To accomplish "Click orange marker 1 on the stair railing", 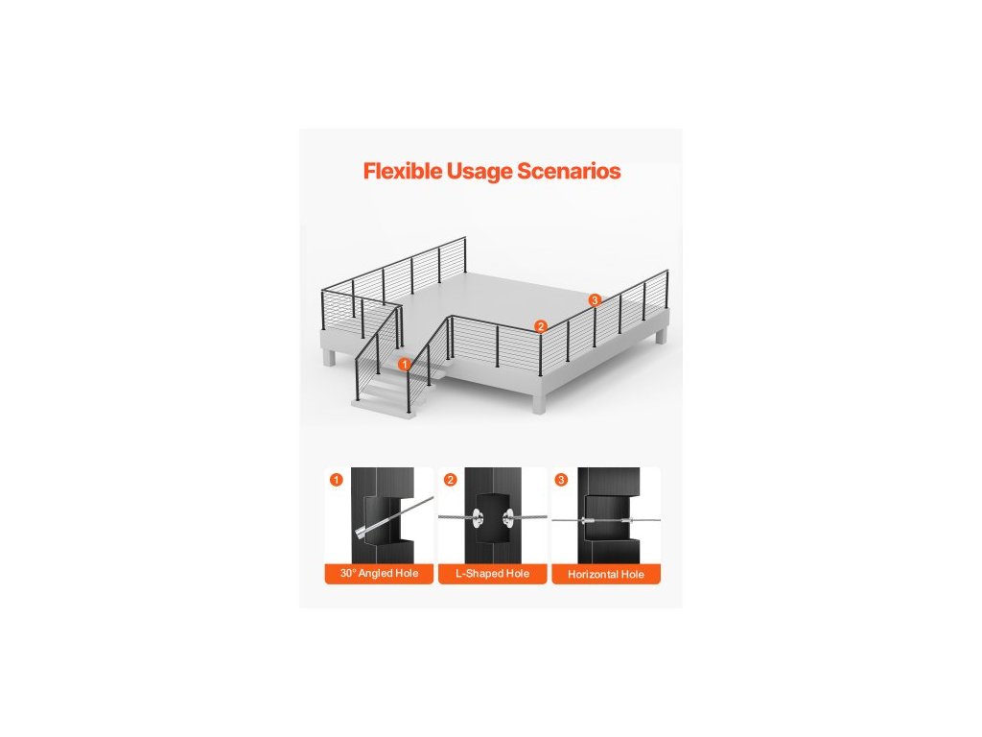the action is click(405, 364).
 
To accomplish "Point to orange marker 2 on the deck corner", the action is click(540, 326).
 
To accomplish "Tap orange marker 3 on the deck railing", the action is click(595, 300).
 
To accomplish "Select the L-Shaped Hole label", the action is click(491, 574).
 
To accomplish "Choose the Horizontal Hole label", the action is click(606, 574).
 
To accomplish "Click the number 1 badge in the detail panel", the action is click(335, 479).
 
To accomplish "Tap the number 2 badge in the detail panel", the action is click(449, 479).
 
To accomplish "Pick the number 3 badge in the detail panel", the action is click(562, 479).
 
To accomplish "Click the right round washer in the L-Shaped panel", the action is click(505, 518).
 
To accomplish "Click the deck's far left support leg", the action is click(329, 358).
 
